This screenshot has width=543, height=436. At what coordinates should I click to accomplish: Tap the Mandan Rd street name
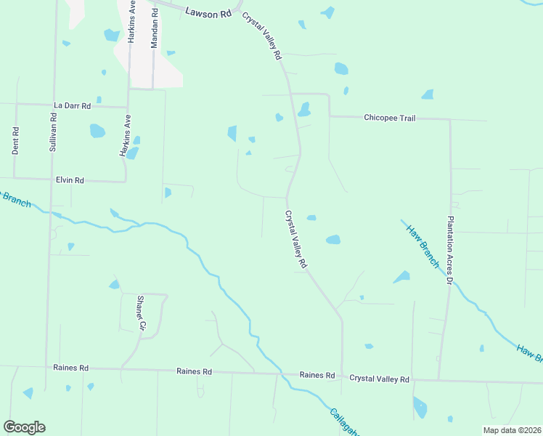tap(154, 29)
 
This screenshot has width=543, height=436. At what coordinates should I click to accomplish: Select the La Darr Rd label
tap(72, 105)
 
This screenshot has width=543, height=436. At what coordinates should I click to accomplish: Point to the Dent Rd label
tap(15, 140)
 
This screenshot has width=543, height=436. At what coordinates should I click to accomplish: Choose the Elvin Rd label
tap(70, 179)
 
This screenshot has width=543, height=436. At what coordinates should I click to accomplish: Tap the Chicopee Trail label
tap(389, 117)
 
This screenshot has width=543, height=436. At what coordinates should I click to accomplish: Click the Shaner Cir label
tap(142, 313)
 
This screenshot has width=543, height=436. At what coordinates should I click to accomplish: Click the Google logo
tap(24, 427)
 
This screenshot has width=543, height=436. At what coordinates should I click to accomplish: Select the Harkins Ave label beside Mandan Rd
tap(132, 23)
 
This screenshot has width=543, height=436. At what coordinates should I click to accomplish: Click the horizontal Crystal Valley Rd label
tap(379, 379)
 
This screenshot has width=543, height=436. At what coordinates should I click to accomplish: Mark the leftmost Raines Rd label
tap(70, 368)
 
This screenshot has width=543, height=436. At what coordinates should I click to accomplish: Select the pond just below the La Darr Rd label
tap(97, 131)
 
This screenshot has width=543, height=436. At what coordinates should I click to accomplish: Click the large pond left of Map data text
tap(420, 408)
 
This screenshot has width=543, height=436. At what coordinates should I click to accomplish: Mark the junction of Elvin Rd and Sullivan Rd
tap(52, 179)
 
